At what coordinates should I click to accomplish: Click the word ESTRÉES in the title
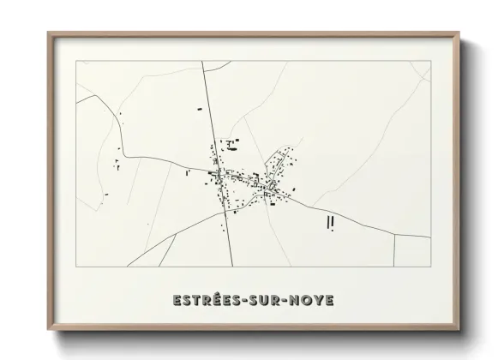(202, 301)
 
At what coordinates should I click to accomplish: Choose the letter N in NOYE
(293, 301)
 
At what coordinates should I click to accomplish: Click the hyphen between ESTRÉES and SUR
(242, 301)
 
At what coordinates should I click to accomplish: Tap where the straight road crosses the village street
(222, 178)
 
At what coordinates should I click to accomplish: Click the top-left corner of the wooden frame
(49, 33)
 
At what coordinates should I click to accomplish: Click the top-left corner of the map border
(76, 62)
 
